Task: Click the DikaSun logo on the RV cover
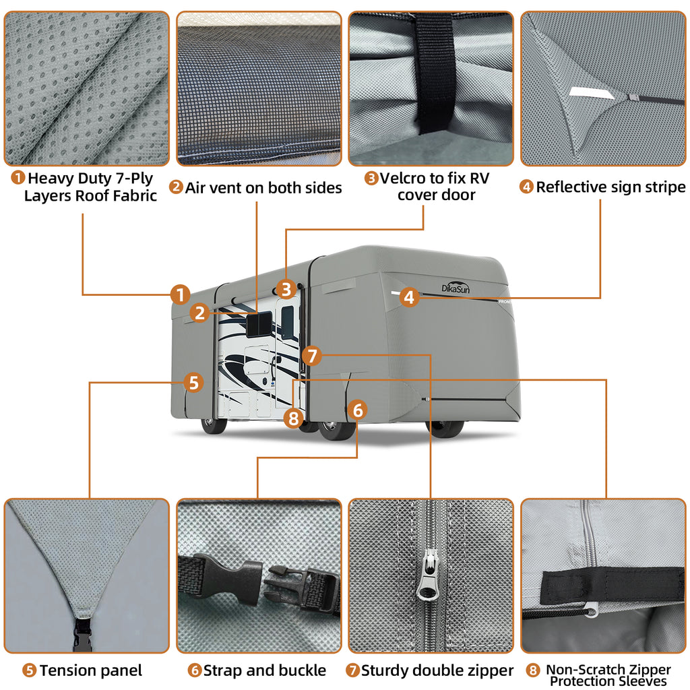(456, 286)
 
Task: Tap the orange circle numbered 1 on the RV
(179, 294)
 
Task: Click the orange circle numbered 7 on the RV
(312, 355)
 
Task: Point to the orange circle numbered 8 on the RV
(292, 418)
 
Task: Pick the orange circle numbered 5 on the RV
(193, 383)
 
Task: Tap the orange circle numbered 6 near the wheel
(358, 409)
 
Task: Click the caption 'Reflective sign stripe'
(610, 187)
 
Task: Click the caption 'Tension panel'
(90, 670)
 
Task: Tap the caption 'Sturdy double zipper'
(437, 670)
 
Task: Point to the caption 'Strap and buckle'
(264, 670)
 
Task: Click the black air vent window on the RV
(258, 324)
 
